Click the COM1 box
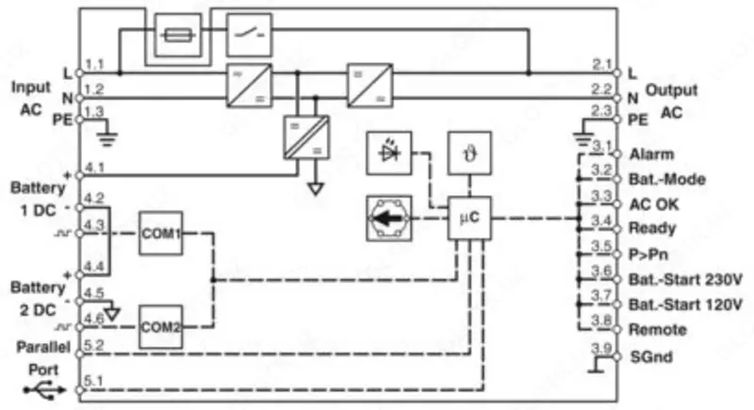(x=160, y=232)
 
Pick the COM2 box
(x=160, y=327)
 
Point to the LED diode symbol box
(x=388, y=154)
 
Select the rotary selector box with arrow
(x=388, y=218)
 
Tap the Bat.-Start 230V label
(x=684, y=280)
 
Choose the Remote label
(x=651, y=330)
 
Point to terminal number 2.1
(x=603, y=63)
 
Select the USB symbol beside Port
(x=41, y=388)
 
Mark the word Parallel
(x=39, y=345)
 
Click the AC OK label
(x=649, y=204)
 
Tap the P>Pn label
(x=647, y=254)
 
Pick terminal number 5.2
(x=93, y=345)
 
